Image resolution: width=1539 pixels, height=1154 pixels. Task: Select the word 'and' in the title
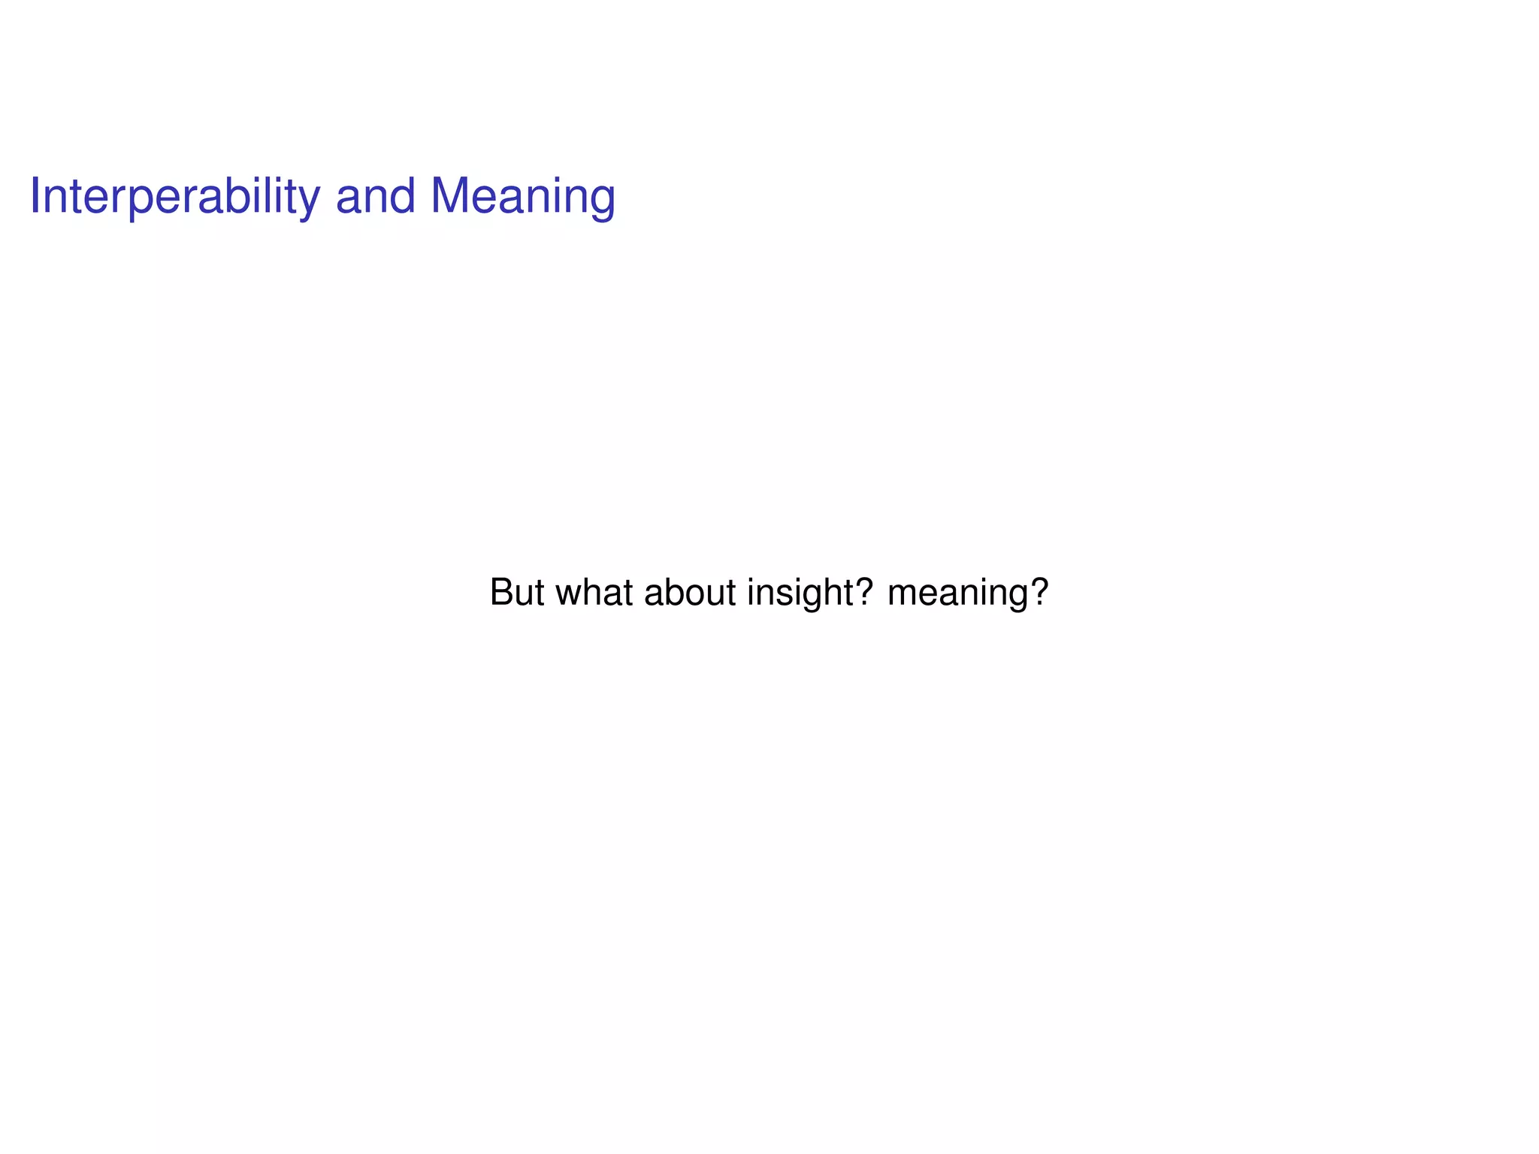tap(375, 197)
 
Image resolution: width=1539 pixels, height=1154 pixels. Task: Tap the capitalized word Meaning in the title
tap(523, 197)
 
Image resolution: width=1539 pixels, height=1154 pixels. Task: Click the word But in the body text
tap(516, 592)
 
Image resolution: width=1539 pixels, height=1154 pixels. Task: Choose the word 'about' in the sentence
tap(690, 592)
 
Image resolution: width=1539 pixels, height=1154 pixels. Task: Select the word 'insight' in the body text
tap(800, 592)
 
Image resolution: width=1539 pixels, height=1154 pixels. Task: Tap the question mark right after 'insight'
tap(864, 592)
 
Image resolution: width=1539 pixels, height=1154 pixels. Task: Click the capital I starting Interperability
tap(35, 197)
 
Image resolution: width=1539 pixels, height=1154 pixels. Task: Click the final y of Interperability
tap(309, 201)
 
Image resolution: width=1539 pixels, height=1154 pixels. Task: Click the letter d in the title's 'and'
tap(401, 197)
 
